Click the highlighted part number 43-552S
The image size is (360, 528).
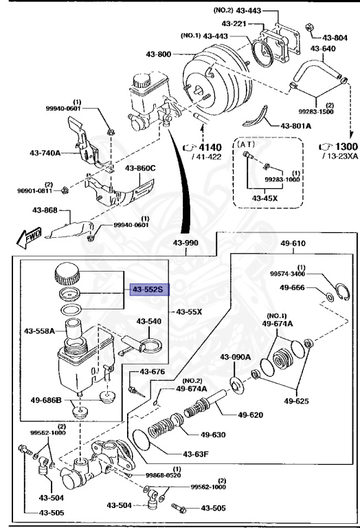pos(147,289)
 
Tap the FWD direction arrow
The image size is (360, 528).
pos(27,238)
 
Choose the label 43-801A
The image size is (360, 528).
pos(295,126)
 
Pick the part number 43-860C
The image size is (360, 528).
pos(140,168)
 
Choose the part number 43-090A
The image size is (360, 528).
pos(236,356)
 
